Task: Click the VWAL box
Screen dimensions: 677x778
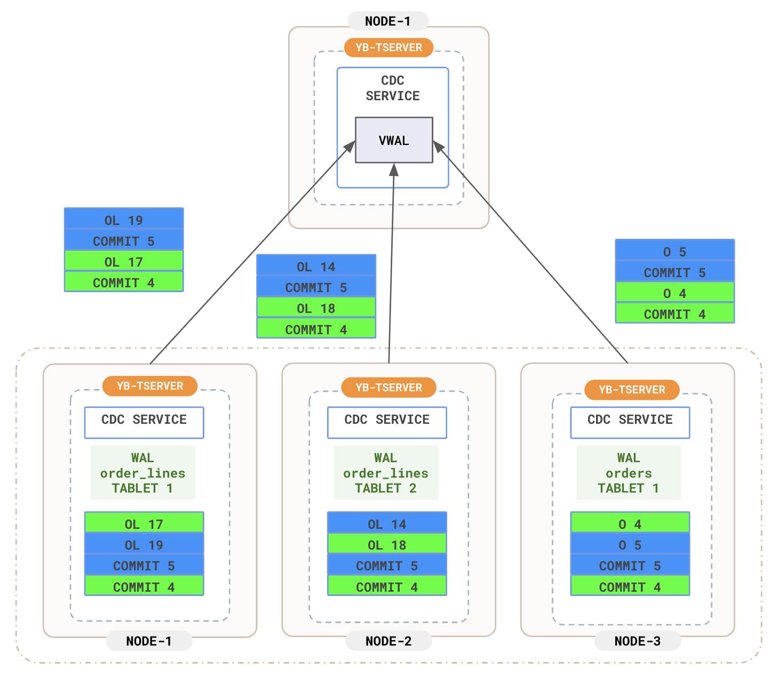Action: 394,140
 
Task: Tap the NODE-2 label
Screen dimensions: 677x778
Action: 388,641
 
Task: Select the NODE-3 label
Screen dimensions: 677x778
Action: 637,641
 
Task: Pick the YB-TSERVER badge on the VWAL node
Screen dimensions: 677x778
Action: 388,47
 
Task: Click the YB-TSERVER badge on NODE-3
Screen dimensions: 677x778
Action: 632,390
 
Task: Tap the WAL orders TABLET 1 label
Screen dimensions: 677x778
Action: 629,473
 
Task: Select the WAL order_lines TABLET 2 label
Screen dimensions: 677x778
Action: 386,473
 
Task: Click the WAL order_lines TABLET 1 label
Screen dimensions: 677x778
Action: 142,473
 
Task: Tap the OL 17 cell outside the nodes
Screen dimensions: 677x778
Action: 124,261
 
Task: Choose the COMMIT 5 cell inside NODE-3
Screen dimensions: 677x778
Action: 630,565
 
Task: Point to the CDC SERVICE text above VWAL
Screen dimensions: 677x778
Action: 393,88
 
